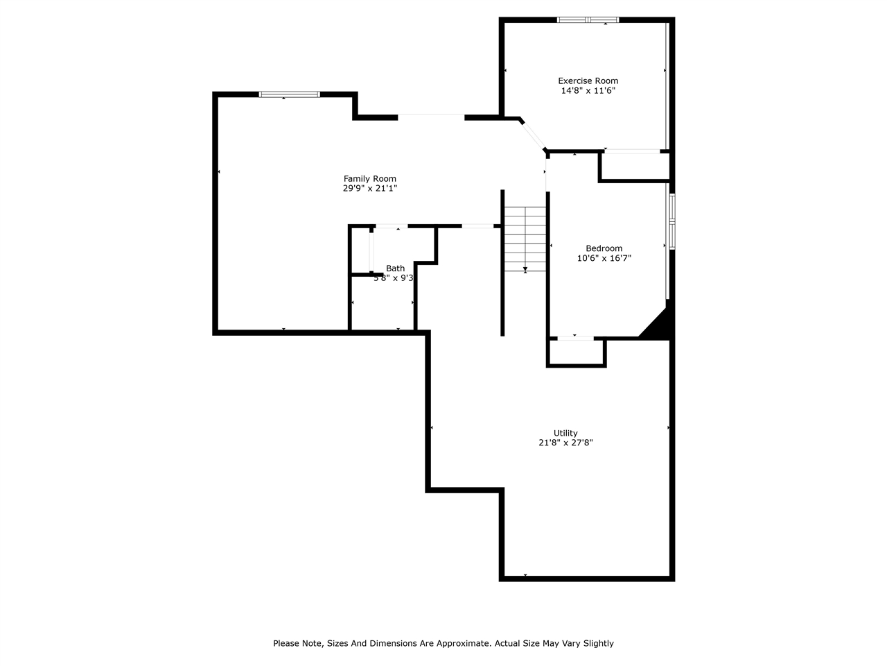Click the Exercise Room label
pyautogui.click(x=588, y=80)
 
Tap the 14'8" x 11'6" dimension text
pyautogui.click(x=588, y=91)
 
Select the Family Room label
pyautogui.click(x=370, y=178)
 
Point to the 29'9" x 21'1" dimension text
pyautogui.click(x=370, y=188)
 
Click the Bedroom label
pyautogui.click(x=604, y=248)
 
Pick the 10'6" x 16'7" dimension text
pyautogui.click(x=604, y=258)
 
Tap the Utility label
pyautogui.click(x=565, y=433)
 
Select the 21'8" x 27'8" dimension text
pyautogui.click(x=565, y=443)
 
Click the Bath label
pyautogui.click(x=395, y=268)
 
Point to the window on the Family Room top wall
pyautogui.click(x=289, y=94)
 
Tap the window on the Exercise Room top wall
pyautogui.click(x=588, y=20)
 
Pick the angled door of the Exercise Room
pyautogui.click(x=534, y=135)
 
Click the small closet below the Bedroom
pyautogui.click(x=577, y=352)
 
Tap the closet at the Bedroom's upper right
pyautogui.click(x=635, y=166)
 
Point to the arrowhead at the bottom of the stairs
pyautogui.click(x=525, y=269)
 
